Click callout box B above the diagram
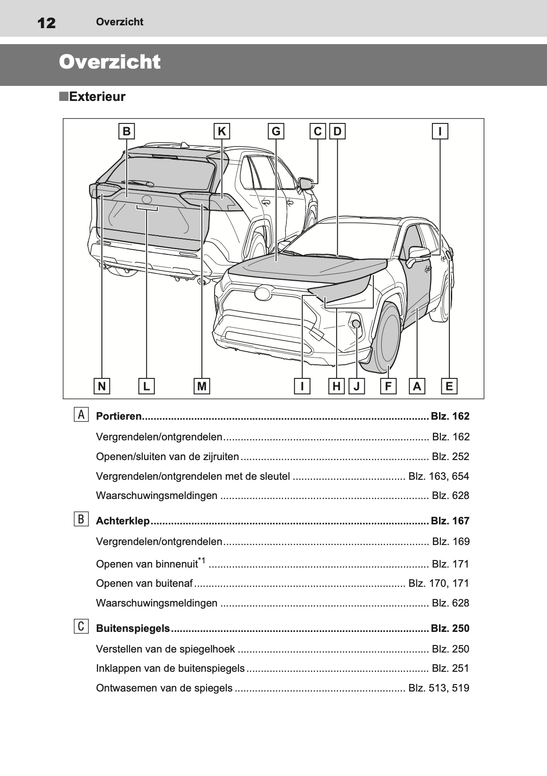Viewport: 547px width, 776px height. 126,131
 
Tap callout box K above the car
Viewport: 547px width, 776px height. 222,131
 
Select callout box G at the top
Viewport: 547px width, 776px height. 276,131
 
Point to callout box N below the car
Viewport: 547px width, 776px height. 101,386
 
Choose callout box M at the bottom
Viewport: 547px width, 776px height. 202,386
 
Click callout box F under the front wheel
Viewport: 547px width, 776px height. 388,386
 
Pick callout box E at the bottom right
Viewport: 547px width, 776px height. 449,386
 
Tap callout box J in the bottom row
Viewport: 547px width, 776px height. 357,386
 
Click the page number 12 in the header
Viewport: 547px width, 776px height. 46,23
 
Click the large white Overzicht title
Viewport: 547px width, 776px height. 110,62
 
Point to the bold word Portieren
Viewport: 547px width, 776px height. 118,416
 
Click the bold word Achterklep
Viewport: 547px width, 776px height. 123,521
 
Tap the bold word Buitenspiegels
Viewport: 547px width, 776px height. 133,629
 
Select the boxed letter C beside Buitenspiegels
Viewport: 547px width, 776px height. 81,627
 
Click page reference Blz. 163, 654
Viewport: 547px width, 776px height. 439,476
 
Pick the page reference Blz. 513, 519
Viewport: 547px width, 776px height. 439,688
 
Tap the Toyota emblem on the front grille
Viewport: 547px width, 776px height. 263,293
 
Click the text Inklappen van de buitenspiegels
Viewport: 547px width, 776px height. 170,668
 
